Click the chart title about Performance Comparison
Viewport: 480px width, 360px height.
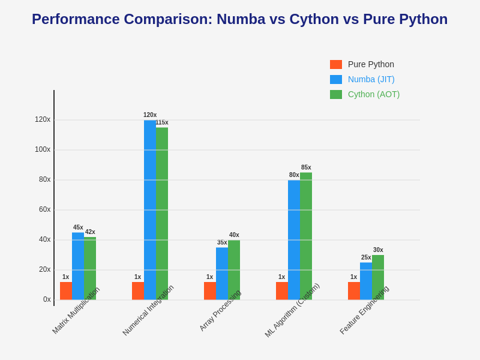[239, 19]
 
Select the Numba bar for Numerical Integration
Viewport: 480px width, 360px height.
[150, 210]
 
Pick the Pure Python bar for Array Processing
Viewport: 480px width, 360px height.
[210, 291]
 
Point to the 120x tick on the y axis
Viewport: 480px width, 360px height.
[42, 120]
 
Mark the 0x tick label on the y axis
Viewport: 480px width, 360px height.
[47, 300]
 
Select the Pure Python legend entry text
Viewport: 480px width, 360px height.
[371, 64]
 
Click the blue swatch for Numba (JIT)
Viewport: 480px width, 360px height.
[336, 79]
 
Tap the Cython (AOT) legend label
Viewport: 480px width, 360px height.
[374, 94]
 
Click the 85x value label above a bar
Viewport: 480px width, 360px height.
[306, 167]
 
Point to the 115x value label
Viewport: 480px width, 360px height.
[162, 122]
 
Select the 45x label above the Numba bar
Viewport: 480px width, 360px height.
[78, 227]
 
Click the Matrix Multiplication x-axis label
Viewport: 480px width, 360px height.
[76, 310]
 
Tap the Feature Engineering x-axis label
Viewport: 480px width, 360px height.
[364, 310]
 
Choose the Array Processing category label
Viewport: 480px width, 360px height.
[220, 310]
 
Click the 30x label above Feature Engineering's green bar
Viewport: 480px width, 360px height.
[378, 250]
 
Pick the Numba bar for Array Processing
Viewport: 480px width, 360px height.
[222, 274]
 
